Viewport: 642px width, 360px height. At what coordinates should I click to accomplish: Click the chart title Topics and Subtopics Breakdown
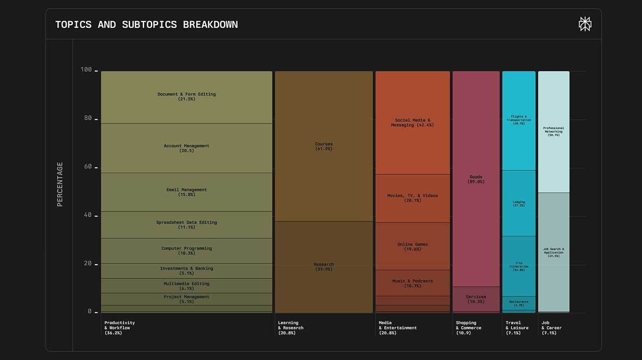coord(146,24)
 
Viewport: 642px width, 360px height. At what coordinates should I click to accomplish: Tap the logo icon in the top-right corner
coord(585,24)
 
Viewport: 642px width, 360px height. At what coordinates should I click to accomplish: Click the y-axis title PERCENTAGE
coord(60,184)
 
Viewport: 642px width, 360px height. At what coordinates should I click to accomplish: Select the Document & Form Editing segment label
coord(187,97)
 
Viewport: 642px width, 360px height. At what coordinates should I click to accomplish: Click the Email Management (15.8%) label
coord(187,192)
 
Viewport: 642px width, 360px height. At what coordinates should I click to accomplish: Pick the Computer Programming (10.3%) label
coord(187,251)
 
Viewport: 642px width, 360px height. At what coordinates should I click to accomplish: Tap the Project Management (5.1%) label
coord(187,299)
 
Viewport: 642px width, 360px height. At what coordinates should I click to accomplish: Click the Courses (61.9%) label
coord(324,146)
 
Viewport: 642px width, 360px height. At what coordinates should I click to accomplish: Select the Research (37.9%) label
coord(324,266)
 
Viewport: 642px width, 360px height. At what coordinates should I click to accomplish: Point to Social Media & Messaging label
coord(412,122)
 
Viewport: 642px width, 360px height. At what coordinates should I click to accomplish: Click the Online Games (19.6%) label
coord(412,247)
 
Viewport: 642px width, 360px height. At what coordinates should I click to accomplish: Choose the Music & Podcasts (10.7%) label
coord(412,283)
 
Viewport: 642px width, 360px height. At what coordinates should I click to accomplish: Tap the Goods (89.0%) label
coord(476,179)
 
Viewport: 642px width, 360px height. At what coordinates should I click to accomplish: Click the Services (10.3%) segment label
coord(476,299)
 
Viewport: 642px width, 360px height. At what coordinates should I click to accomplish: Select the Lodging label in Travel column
coord(519,203)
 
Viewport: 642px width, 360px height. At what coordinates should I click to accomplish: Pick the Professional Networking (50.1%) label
coord(553,131)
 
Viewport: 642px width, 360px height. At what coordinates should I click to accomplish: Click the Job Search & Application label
coord(553,252)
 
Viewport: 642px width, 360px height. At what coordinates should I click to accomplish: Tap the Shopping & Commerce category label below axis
coord(468,328)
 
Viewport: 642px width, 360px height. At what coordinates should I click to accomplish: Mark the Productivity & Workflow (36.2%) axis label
coord(119,328)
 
